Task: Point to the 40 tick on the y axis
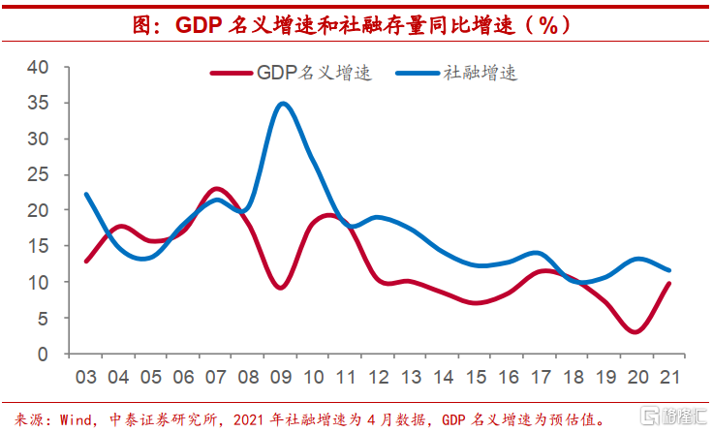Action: tap(38, 67)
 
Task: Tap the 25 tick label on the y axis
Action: tap(38, 174)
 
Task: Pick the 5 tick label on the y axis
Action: tap(43, 318)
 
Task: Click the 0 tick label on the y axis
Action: tap(43, 355)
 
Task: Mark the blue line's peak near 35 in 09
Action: tap(282, 104)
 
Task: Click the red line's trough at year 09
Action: tap(281, 288)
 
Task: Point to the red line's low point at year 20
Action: tap(635, 332)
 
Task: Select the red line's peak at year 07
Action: tap(217, 189)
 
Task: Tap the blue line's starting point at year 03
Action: tap(86, 195)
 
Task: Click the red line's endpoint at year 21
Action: tap(669, 284)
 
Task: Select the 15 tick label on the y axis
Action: tap(38, 246)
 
